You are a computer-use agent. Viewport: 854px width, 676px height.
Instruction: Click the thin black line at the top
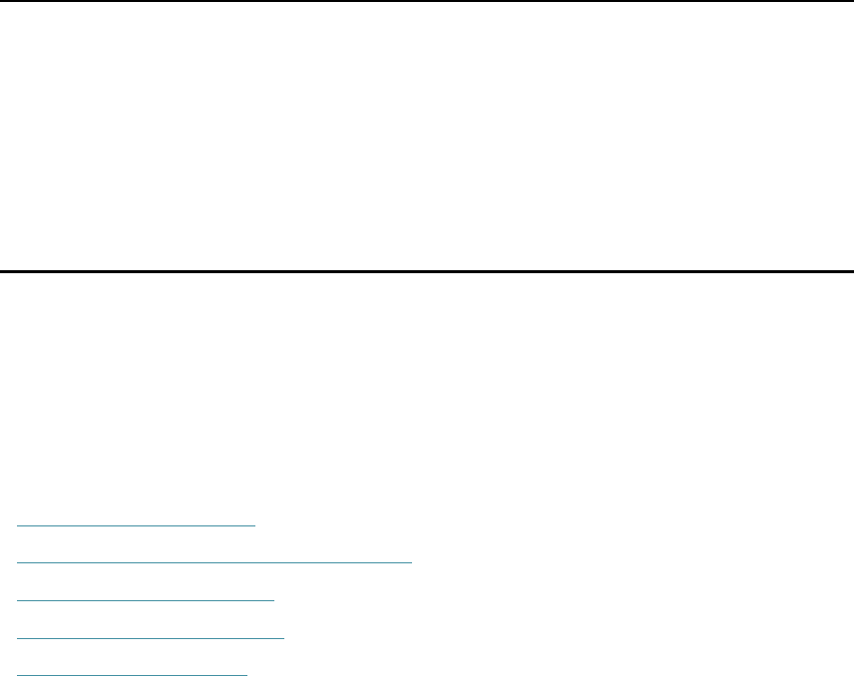click(x=427, y=1)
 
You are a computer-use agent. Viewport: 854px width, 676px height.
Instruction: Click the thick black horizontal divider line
click(x=427, y=270)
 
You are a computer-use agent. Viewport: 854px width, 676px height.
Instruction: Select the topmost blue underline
click(x=137, y=523)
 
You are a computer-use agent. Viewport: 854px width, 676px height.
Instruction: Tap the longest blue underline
click(x=214, y=561)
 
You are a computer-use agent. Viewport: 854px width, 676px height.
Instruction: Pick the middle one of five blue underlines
click(x=146, y=599)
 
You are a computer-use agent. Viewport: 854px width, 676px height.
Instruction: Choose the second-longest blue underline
click(x=151, y=637)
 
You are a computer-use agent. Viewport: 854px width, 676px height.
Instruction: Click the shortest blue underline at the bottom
click(x=133, y=674)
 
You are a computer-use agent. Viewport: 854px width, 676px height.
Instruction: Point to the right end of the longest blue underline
click(x=411, y=561)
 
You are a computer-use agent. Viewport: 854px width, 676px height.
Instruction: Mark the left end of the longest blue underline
click(x=19, y=561)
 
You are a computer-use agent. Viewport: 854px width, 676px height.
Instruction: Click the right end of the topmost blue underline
click(x=255, y=523)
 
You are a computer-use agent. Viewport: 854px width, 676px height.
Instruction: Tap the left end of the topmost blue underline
click(x=19, y=523)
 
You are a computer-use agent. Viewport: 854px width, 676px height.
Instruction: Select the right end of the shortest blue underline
click(x=246, y=674)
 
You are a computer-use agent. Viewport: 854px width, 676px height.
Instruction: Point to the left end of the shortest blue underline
click(x=19, y=674)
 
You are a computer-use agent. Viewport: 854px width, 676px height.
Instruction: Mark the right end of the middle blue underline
click(x=273, y=599)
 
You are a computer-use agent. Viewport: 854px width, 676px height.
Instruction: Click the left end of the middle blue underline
click(x=19, y=599)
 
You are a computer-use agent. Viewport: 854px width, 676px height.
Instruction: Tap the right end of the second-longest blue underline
click(x=283, y=637)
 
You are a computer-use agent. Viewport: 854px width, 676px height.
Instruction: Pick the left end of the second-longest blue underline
click(x=19, y=637)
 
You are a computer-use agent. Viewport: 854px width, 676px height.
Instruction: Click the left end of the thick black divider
click(x=2, y=270)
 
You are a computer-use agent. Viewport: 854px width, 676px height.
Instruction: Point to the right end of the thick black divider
click(x=851, y=270)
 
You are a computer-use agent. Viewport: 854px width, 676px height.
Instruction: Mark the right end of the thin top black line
click(x=851, y=1)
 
